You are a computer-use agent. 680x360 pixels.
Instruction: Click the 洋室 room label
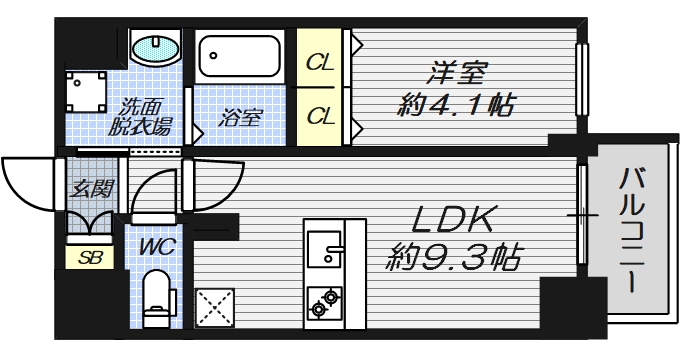click(459, 73)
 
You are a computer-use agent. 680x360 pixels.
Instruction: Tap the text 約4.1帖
click(457, 103)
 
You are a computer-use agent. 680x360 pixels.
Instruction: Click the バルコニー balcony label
click(631, 231)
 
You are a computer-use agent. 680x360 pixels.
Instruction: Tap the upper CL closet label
click(320, 64)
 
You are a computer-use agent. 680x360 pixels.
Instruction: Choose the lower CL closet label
click(320, 115)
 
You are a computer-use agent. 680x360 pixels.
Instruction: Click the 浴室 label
click(241, 116)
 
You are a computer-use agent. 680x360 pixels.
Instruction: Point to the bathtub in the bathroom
click(240, 57)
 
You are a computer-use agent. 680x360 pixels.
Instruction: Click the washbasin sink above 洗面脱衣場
click(156, 47)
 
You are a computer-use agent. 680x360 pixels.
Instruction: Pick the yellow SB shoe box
click(89, 257)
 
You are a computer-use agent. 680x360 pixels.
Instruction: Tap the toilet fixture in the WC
click(156, 299)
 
